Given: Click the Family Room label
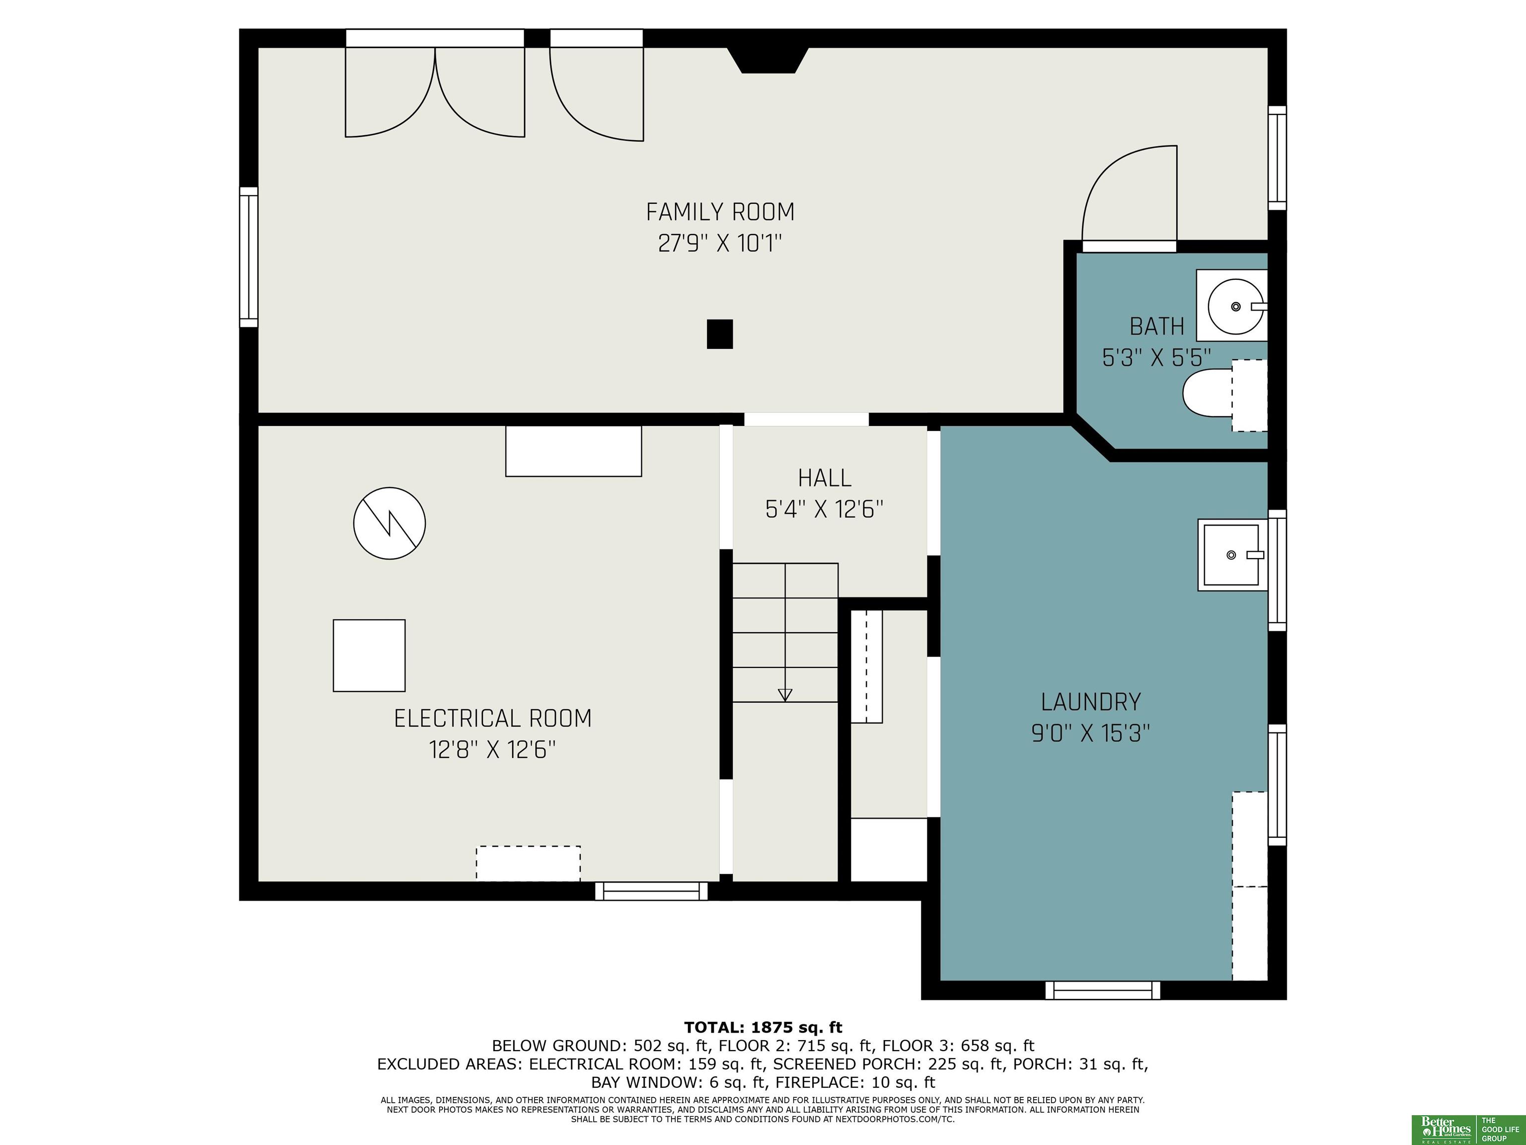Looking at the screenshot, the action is (x=720, y=212).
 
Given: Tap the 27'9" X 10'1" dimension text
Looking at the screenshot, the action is (x=720, y=244).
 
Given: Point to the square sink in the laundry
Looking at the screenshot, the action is (x=1232, y=555).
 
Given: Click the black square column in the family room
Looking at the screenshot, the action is (x=720, y=334).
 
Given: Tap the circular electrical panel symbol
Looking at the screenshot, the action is (x=389, y=523).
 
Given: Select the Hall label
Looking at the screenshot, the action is (x=825, y=478).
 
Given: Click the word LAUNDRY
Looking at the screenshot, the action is (x=1091, y=702).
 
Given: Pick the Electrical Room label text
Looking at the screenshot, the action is (x=493, y=719).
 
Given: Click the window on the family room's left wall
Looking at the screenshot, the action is (x=248, y=257).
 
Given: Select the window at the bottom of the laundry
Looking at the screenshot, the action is (x=1102, y=990).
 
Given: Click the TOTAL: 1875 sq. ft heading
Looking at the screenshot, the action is (x=763, y=1028).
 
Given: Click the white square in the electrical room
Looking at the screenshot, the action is (x=369, y=655).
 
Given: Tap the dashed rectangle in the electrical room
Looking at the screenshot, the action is (x=529, y=863).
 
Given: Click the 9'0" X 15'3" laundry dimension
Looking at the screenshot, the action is (x=1091, y=733).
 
